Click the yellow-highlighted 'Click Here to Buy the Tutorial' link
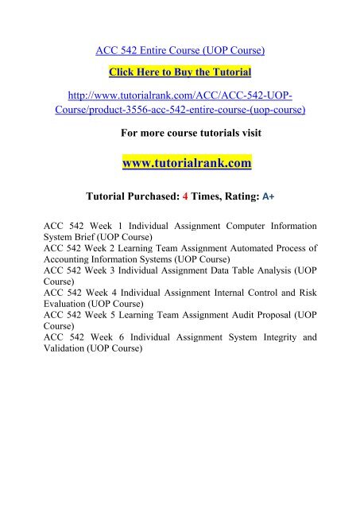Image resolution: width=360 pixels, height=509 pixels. [180, 72]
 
